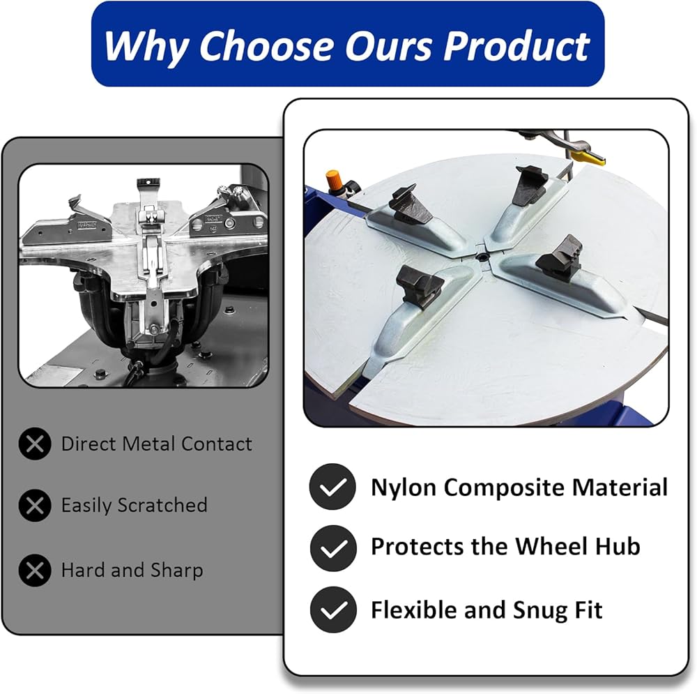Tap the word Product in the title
(x=516, y=45)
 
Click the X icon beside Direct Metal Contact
(x=35, y=444)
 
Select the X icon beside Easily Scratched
(x=35, y=506)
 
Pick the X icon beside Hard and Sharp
(x=35, y=570)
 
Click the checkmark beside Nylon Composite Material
(x=333, y=487)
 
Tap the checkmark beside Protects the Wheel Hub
(x=333, y=548)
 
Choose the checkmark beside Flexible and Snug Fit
(x=333, y=610)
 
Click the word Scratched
(x=162, y=505)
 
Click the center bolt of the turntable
(x=482, y=257)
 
